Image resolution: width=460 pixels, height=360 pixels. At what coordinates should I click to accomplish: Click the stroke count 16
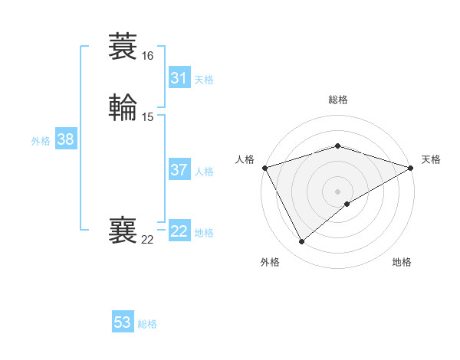[x=147, y=56]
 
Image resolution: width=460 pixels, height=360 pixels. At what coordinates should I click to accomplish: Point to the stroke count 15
[x=147, y=116]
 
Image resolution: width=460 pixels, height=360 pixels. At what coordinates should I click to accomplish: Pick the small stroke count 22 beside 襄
[x=147, y=240]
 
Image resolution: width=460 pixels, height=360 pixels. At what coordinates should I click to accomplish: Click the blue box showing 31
[x=179, y=78]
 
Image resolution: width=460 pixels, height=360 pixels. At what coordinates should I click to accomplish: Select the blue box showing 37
[x=179, y=170]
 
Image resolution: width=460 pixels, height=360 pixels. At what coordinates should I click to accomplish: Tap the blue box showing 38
[x=66, y=139]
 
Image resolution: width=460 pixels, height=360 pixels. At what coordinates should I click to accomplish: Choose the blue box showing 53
[x=123, y=322]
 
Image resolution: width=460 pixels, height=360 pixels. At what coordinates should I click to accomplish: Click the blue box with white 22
[x=179, y=231]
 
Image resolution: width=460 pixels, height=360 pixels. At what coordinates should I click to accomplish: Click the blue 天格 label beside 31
[x=204, y=80]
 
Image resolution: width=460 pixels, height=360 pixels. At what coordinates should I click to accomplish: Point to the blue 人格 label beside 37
[x=204, y=172]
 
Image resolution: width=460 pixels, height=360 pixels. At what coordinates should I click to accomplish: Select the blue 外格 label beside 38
[x=41, y=141]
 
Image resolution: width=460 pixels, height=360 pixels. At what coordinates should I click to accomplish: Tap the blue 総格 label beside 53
[x=147, y=324]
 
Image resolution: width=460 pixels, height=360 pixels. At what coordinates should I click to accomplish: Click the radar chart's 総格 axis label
[x=337, y=100]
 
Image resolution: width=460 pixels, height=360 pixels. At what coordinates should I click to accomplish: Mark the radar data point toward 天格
[x=411, y=168]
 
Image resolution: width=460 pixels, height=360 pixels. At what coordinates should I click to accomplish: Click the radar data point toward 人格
[x=264, y=168]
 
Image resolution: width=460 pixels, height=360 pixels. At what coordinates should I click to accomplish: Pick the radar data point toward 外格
[x=301, y=242]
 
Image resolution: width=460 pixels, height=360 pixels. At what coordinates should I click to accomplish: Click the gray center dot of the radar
[x=337, y=191]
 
